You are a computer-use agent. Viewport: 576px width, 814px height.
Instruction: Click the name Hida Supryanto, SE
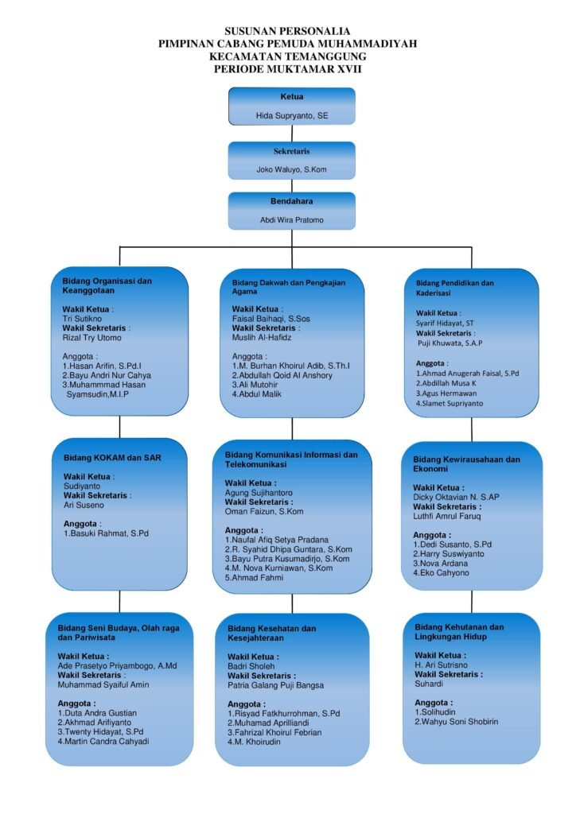(291, 116)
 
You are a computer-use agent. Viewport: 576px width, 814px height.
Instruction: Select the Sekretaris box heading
(291, 150)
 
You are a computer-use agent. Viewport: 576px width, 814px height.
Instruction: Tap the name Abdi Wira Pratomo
(291, 220)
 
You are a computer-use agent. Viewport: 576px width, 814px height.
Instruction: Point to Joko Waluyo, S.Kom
(291, 169)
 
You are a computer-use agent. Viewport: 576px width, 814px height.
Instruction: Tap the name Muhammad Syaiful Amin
(103, 684)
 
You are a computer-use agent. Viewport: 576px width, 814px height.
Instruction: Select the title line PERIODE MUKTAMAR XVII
(288, 69)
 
